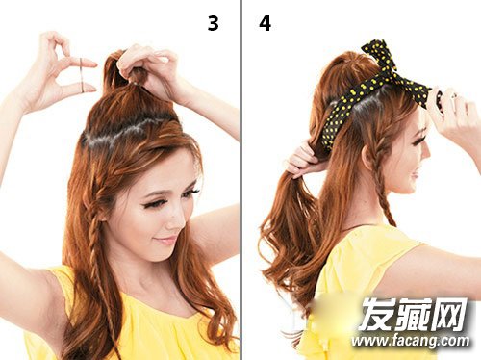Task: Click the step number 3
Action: click(214, 23)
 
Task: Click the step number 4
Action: click(266, 23)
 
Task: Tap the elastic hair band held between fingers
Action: click(82, 75)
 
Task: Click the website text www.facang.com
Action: click(410, 341)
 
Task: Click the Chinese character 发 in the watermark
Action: click(376, 314)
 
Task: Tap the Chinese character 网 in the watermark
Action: click(449, 314)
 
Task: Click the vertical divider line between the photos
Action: click(240, 180)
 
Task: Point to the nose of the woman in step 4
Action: click(426, 151)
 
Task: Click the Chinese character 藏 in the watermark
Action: click(413, 314)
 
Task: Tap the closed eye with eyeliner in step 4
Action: click(416, 141)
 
